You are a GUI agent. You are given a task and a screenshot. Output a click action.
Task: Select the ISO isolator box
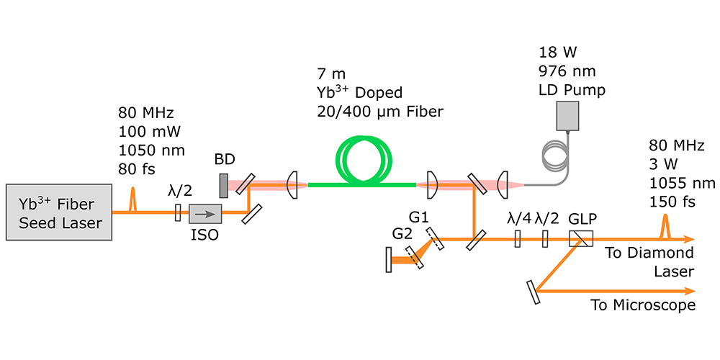(x=205, y=213)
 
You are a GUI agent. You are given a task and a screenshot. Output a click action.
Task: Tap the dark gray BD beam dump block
(x=223, y=186)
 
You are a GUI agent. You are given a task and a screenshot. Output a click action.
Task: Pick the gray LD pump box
(x=570, y=115)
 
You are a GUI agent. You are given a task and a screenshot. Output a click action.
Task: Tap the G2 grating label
(x=402, y=234)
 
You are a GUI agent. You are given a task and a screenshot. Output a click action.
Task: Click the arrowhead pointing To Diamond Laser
(x=690, y=239)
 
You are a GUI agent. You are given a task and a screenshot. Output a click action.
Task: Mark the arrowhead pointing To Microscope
(x=690, y=291)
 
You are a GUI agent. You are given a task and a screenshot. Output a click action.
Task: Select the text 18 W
(x=555, y=53)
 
